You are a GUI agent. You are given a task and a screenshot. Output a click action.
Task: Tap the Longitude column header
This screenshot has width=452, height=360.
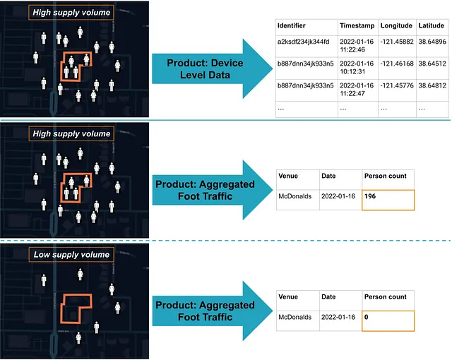pyautogui.click(x=397, y=25)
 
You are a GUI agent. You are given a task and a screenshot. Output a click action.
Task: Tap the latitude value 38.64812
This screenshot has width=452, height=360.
pyautogui.click(x=432, y=87)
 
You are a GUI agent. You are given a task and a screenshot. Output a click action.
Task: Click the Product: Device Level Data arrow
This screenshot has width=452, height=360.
pyautogui.click(x=205, y=69)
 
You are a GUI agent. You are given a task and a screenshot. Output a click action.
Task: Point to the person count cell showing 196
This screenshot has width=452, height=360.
pyautogui.click(x=388, y=199)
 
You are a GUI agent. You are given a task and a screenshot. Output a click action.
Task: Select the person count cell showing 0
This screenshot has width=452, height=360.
pyautogui.click(x=388, y=320)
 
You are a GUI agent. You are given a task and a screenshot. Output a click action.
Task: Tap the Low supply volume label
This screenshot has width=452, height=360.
pyautogui.click(x=72, y=255)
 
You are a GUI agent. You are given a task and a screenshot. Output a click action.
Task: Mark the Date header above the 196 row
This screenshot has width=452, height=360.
pyautogui.click(x=328, y=176)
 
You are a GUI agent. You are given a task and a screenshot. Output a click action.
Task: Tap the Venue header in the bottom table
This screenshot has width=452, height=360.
pyautogui.click(x=288, y=297)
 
